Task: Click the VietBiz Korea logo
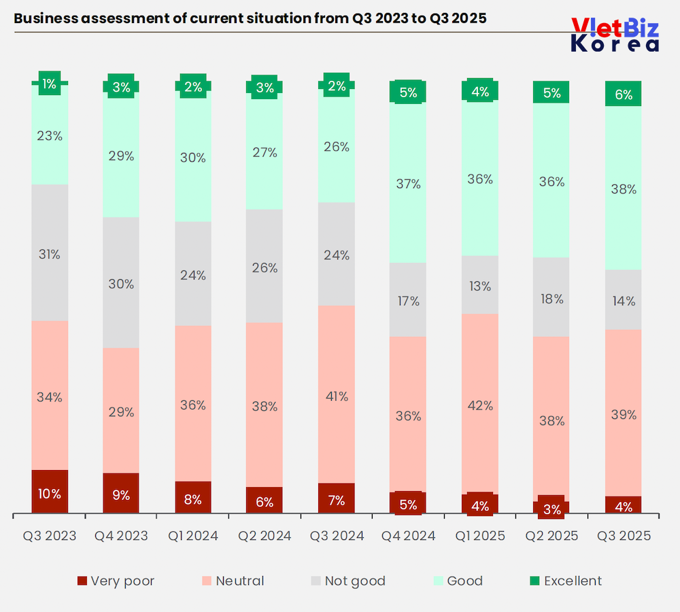(615, 35)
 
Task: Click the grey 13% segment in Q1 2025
(480, 285)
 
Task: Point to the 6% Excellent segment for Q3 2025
(624, 94)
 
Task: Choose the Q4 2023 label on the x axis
(122, 536)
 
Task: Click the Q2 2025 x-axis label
(551, 536)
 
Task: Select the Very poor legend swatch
(82, 581)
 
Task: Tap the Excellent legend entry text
(573, 581)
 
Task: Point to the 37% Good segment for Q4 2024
(408, 183)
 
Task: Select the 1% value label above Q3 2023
(50, 84)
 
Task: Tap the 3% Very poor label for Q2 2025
(551, 509)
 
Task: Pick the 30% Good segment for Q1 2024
(193, 158)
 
